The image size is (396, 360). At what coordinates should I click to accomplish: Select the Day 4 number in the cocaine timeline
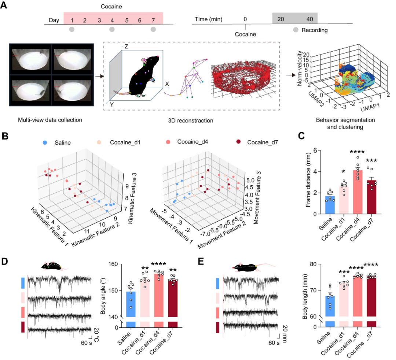112,21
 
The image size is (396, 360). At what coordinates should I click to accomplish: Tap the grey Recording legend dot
296,29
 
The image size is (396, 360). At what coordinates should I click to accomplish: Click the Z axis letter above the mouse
126,47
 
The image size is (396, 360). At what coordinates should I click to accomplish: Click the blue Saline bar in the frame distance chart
331,205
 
